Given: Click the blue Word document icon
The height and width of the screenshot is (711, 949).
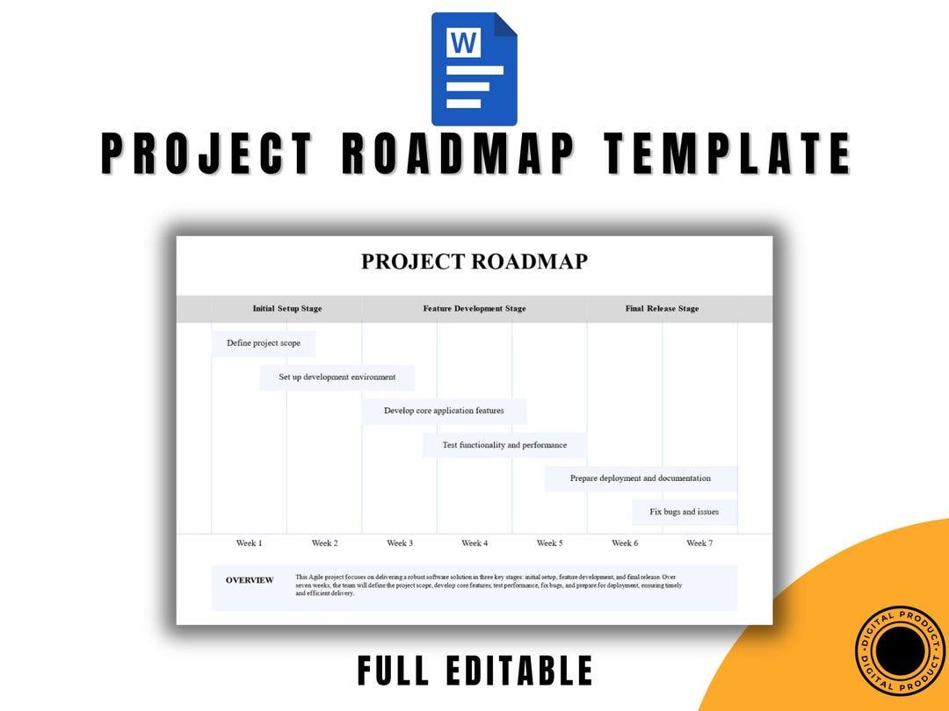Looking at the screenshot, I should click(x=474, y=69).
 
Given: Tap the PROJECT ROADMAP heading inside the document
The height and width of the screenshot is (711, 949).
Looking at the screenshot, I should click(x=474, y=262).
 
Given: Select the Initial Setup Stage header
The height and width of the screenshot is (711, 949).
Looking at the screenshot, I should click(x=286, y=309).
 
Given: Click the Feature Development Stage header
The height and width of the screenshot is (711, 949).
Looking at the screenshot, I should click(x=474, y=309).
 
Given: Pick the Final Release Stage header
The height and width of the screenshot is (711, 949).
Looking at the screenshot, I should click(x=662, y=309).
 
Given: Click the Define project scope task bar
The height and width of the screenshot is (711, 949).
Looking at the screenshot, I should click(x=263, y=343).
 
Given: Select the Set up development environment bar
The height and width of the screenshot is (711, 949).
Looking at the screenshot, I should click(x=337, y=377).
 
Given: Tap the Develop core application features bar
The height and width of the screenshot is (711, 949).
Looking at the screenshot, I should click(x=444, y=411).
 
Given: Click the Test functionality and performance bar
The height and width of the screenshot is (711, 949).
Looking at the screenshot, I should click(x=503, y=445).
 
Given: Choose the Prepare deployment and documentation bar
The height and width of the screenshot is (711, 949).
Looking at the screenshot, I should click(x=641, y=478).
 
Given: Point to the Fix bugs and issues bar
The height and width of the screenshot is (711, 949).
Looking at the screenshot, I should click(x=684, y=512).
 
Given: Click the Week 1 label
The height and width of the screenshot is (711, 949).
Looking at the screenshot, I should click(x=249, y=543).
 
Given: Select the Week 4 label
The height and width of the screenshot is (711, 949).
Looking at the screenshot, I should click(x=474, y=543).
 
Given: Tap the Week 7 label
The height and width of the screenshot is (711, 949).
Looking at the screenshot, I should click(x=699, y=543).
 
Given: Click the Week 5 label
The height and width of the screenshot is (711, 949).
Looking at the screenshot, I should click(x=549, y=543).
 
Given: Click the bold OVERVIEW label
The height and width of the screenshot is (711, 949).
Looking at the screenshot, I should click(x=250, y=580).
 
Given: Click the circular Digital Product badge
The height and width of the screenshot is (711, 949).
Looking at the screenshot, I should click(x=897, y=650).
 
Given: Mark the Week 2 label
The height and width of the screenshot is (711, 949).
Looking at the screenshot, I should click(x=324, y=543).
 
